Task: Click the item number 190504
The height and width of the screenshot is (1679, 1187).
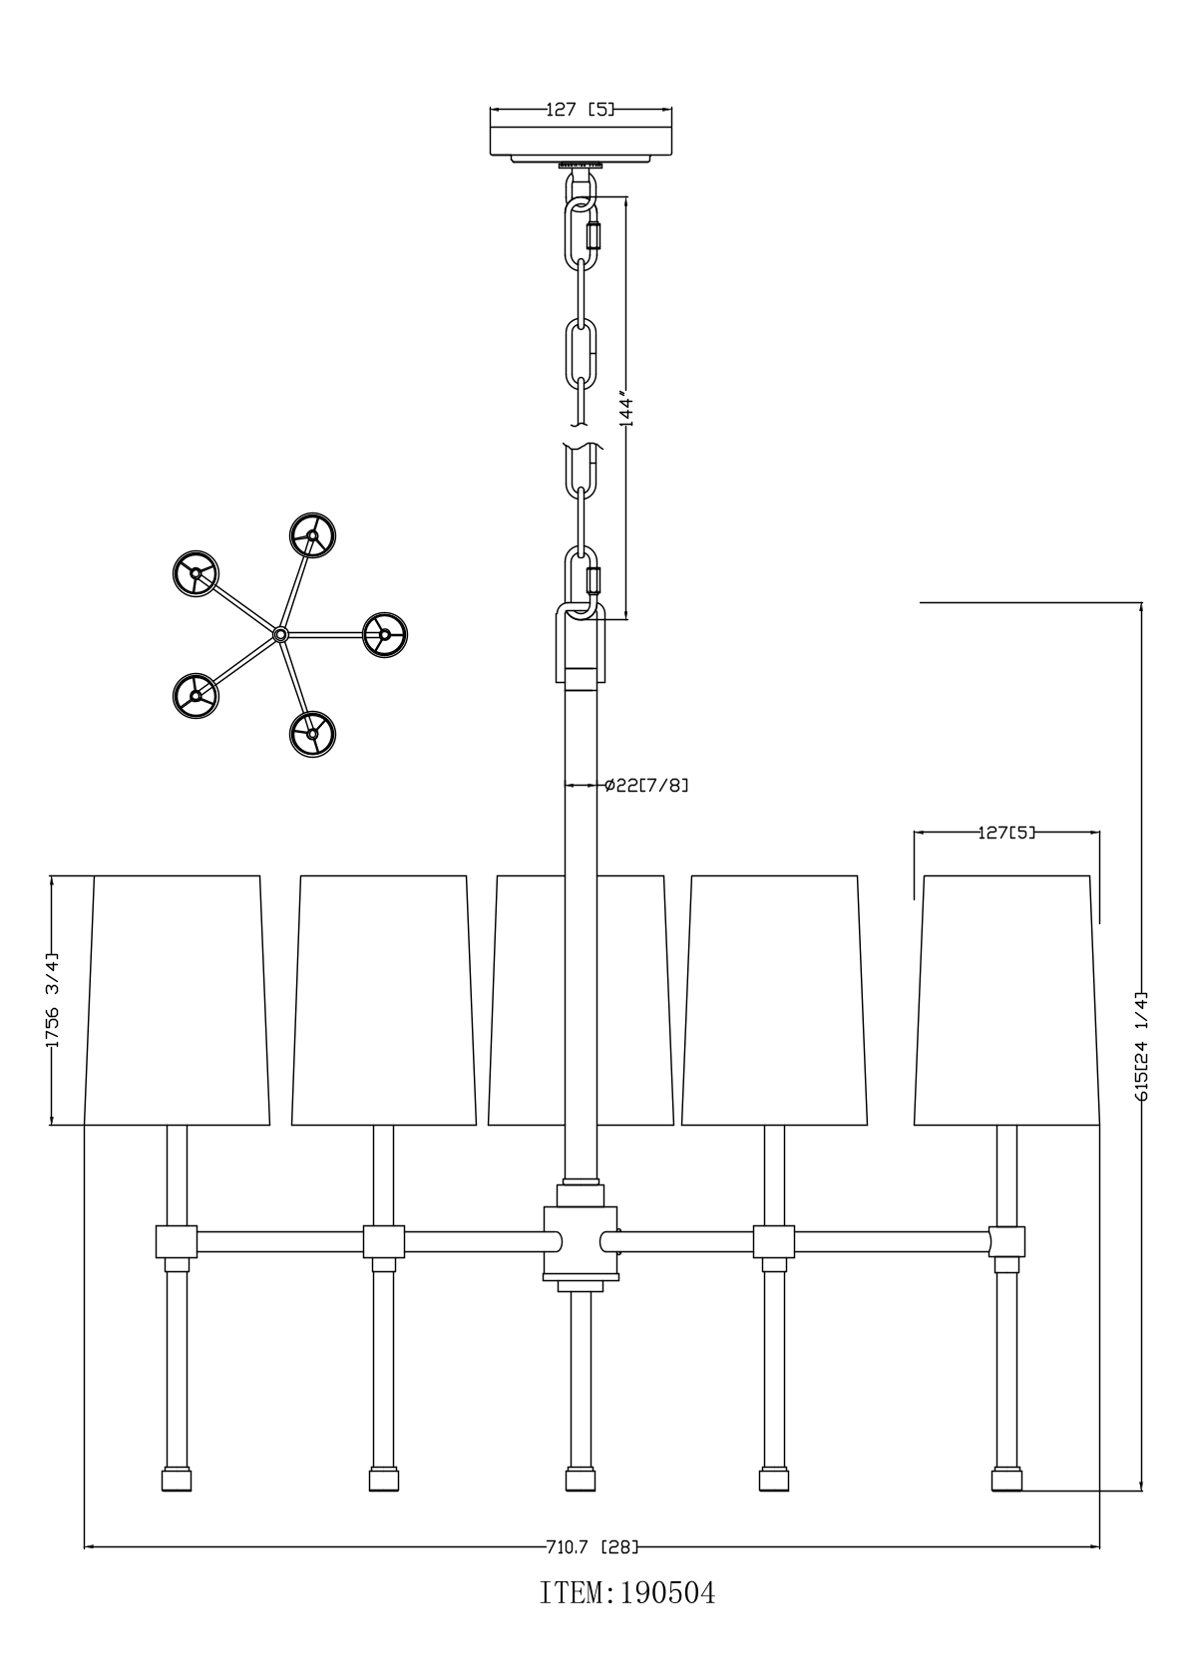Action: pos(627,1592)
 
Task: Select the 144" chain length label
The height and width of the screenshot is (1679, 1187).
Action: pos(626,409)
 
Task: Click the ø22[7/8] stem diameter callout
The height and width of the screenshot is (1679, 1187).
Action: pos(646,785)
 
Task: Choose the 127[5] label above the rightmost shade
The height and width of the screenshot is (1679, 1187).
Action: pos(1006,832)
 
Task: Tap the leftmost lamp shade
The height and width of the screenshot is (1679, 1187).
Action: pos(177,1001)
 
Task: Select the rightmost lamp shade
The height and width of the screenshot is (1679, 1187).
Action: pos(1006,1001)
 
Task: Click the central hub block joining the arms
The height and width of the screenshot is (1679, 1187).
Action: pos(581,1242)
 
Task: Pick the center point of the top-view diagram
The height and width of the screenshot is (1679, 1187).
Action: pos(280,634)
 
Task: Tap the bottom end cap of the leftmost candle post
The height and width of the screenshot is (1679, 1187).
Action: pos(177,1480)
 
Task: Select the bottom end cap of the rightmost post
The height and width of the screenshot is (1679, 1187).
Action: pos(1006,1480)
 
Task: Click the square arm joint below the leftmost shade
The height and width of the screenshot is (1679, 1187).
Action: pos(177,1241)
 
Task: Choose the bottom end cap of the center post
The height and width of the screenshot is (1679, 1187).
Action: pos(581,1480)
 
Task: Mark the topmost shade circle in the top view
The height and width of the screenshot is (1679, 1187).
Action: pos(312,535)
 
